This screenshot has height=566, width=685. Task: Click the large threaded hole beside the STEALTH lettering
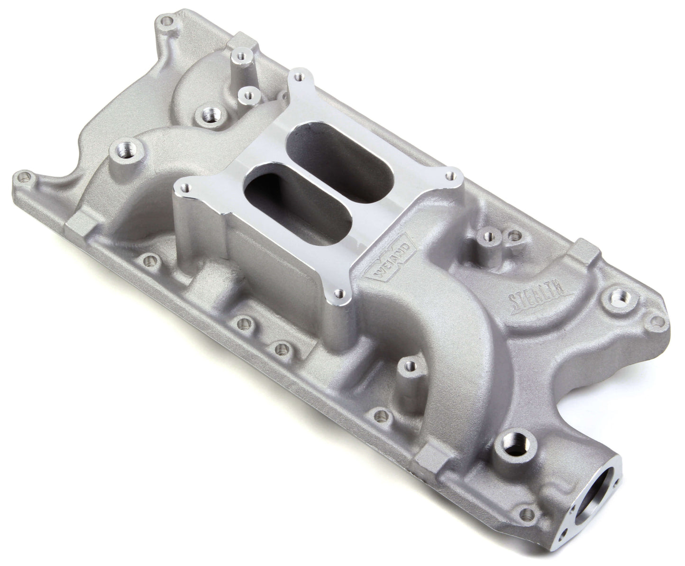[618, 298]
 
